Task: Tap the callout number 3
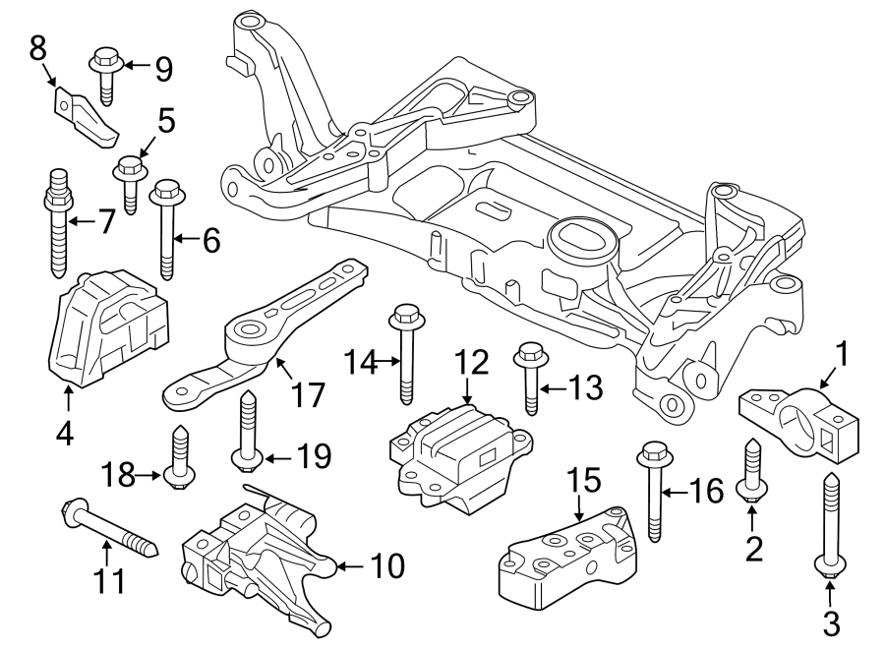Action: [831, 621]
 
